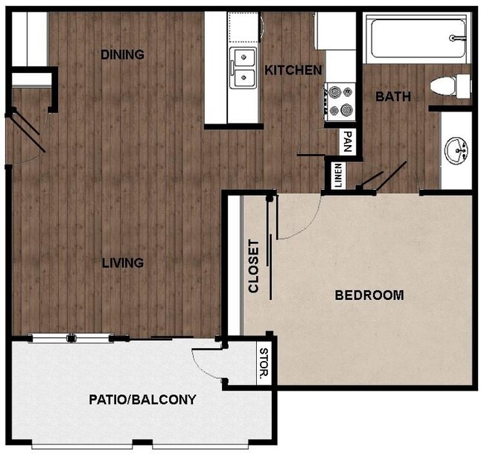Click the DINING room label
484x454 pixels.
pyautogui.click(x=122, y=54)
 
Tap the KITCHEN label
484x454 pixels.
pyautogui.click(x=293, y=71)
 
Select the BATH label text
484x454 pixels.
pyautogui.click(x=392, y=97)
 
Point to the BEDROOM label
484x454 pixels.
pyautogui.click(x=369, y=295)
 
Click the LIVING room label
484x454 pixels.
pyautogui.click(x=123, y=263)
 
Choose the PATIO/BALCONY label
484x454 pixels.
pyautogui.click(x=142, y=400)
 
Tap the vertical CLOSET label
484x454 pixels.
pyautogui.click(x=254, y=266)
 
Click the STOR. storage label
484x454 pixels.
pyautogui.click(x=264, y=363)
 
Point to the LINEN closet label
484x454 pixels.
pyautogui.click(x=337, y=176)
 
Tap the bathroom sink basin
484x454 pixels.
pyautogui.click(x=456, y=151)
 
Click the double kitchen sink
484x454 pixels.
pyautogui.click(x=242, y=67)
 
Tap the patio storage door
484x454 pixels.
pyautogui.click(x=205, y=365)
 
